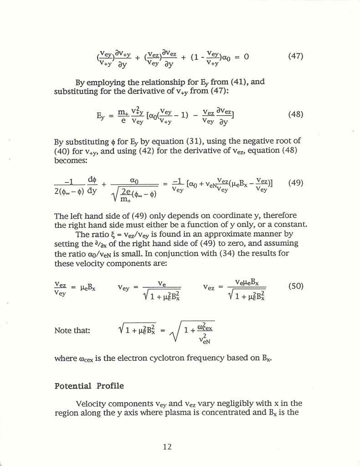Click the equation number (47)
pyautogui.click(x=296, y=57)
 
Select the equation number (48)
pyautogui.click(x=296, y=115)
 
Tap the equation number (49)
pyautogui.click(x=296, y=183)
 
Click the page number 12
pyautogui.click(x=167, y=447)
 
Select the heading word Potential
pyautogui.click(x=73, y=386)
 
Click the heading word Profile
pyautogui.click(x=110, y=386)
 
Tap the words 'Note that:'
pyautogui.click(x=72, y=330)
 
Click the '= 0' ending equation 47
pyautogui.click(x=242, y=57)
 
